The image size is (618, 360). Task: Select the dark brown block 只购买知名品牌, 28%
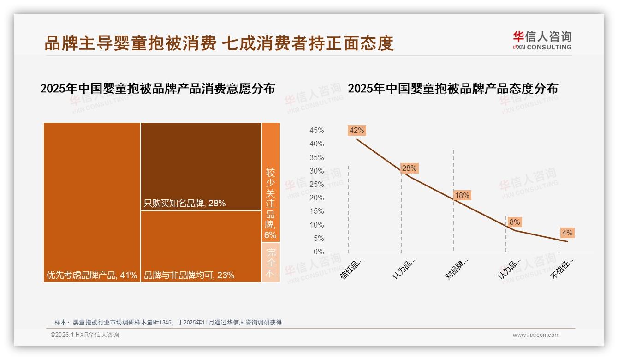(x=201, y=166)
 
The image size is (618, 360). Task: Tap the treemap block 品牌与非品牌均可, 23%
(x=201, y=246)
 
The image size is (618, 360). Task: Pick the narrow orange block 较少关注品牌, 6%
(x=271, y=182)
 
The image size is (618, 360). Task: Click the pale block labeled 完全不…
(x=271, y=262)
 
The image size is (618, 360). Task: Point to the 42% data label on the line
(x=357, y=130)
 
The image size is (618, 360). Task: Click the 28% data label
(x=409, y=168)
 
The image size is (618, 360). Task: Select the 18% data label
(x=462, y=195)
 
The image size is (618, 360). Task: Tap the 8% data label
(x=515, y=222)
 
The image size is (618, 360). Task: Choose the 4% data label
(x=567, y=233)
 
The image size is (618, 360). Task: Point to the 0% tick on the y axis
(x=319, y=252)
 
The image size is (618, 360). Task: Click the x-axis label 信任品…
(x=352, y=268)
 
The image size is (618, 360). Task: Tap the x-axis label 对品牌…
(x=457, y=268)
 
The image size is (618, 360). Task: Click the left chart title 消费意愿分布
(x=157, y=88)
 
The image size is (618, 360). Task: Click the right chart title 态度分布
(x=452, y=88)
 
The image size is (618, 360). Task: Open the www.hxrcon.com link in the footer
(x=536, y=335)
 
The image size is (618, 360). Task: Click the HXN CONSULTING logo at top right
(x=542, y=41)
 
